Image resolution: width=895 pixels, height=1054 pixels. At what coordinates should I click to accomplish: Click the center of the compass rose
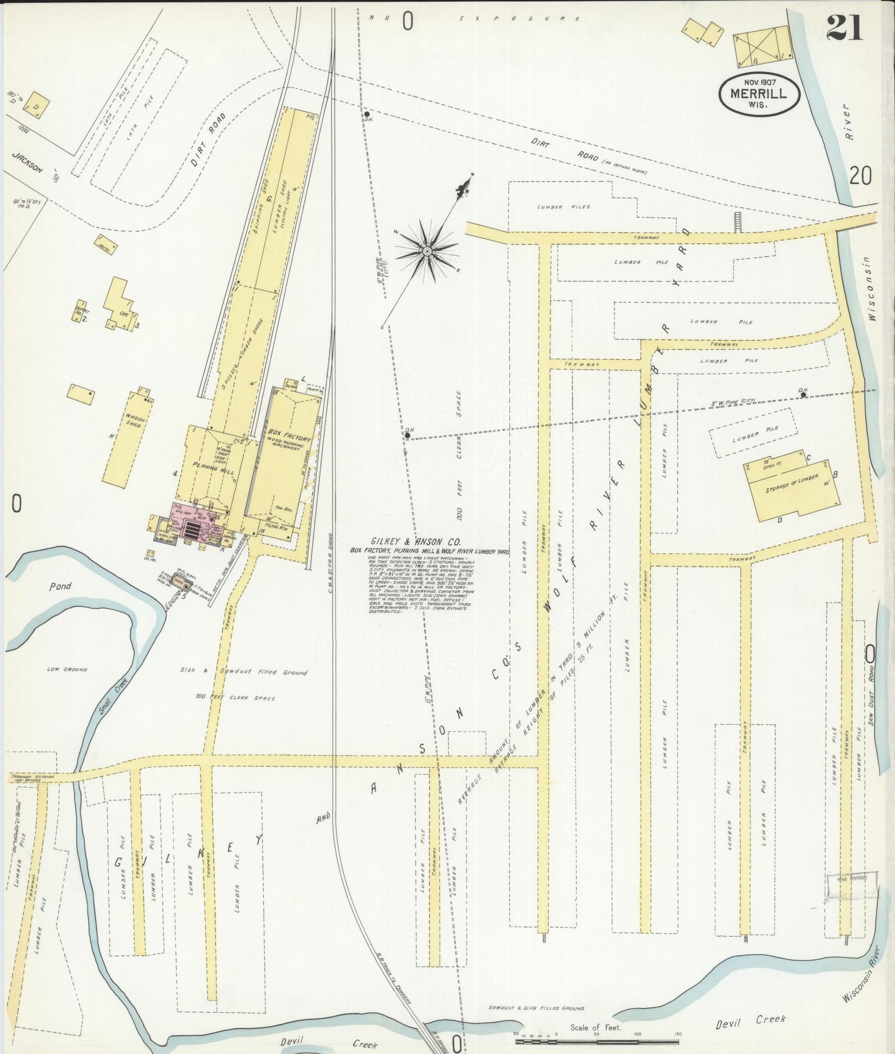tap(427, 250)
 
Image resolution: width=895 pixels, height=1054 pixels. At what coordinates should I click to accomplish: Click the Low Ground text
tap(67, 669)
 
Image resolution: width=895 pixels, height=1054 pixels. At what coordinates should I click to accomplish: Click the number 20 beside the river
tap(860, 176)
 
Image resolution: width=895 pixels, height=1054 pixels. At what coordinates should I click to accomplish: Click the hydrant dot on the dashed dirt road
tap(367, 114)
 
